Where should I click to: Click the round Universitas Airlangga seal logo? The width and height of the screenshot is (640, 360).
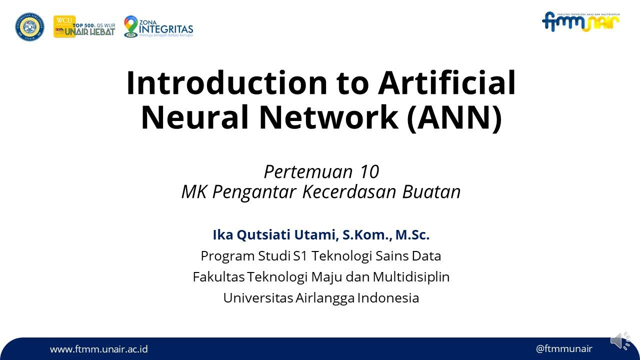(x=29, y=27)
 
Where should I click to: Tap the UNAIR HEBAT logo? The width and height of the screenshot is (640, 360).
(x=84, y=27)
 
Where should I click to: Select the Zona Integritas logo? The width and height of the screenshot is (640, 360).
(x=158, y=26)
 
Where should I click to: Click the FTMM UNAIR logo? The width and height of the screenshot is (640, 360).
(x=580, y=22)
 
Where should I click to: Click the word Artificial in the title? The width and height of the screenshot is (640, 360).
(x=447, y=83)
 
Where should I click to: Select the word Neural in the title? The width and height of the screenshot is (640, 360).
(x=195, y=117)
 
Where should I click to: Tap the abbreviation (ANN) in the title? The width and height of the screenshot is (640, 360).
(x=454, y=117)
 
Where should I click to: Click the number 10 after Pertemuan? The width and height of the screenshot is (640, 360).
(x=369, y=172)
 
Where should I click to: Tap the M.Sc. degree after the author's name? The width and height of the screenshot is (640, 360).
(x=412, y=235)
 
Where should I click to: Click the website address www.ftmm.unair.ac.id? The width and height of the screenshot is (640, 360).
(x=98, y=349)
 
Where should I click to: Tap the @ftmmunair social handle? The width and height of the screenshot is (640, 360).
(x=564, y=349)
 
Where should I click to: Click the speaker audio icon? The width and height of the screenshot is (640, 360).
(x=620, y=340)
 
